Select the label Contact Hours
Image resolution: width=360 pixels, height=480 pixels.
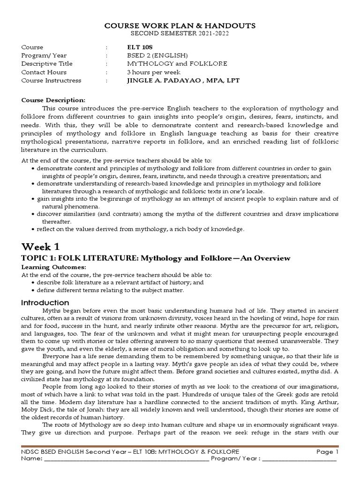44,72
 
